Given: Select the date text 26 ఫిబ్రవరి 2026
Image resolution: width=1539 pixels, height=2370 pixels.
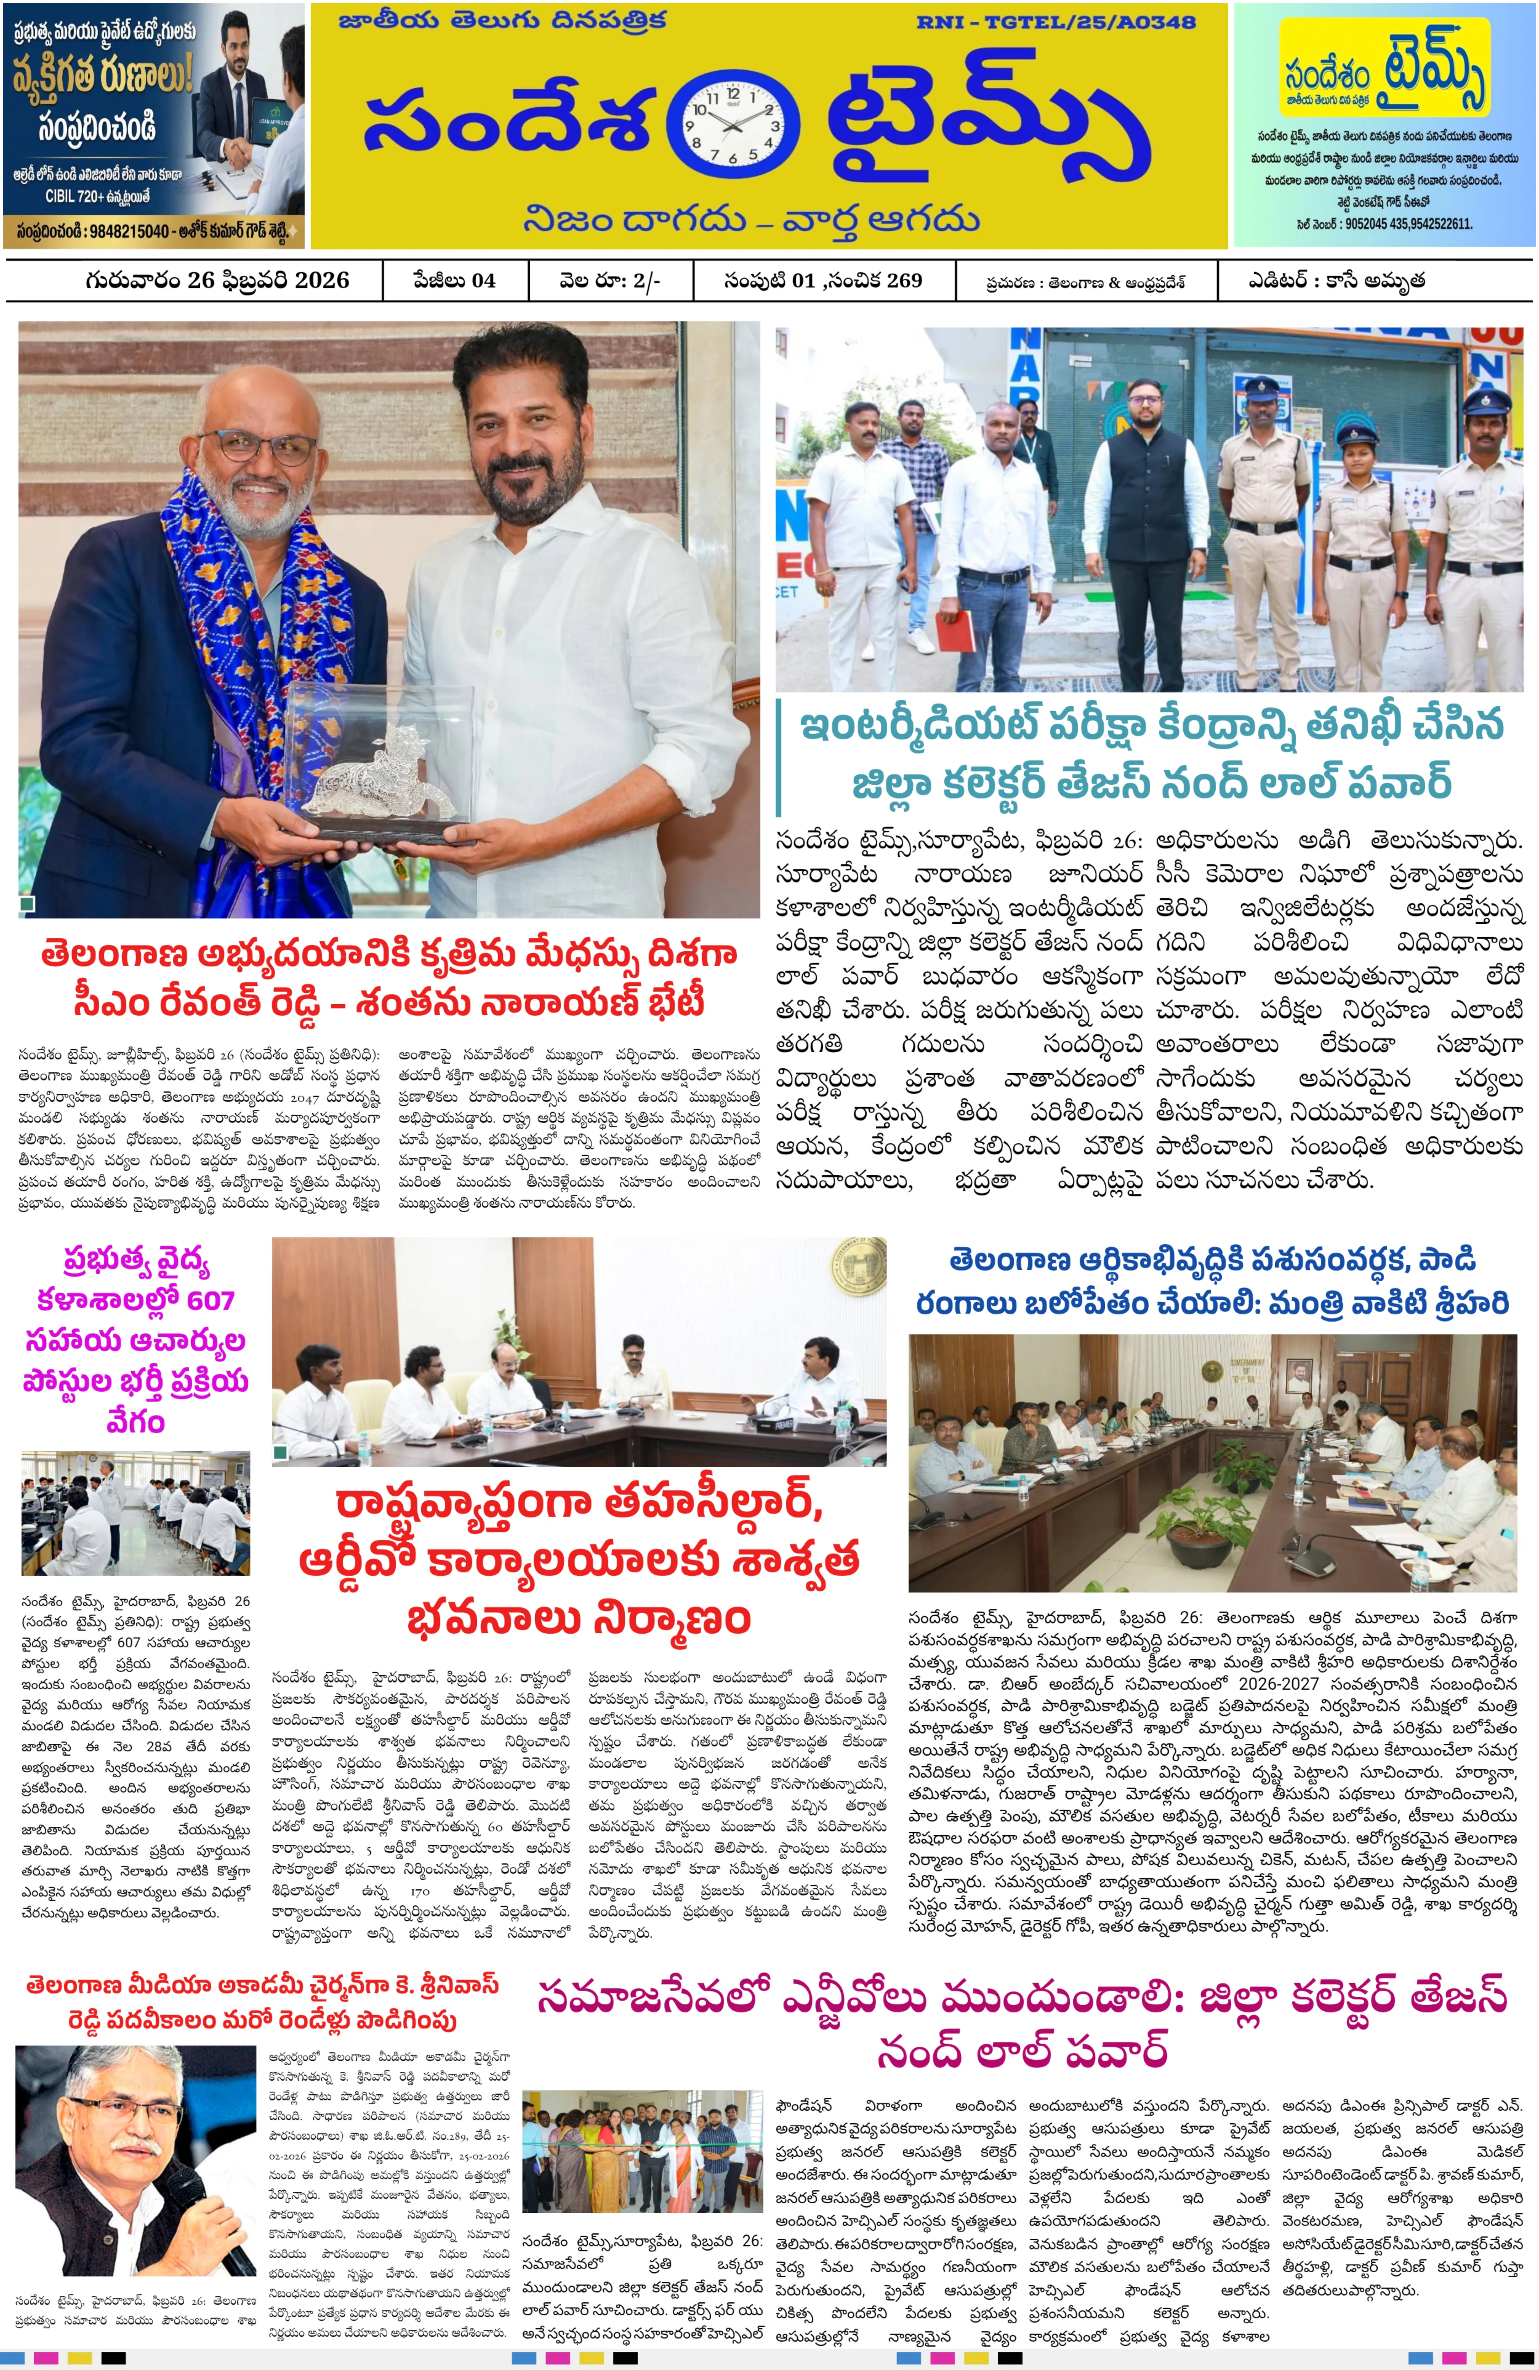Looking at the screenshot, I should pyautogui.click(x=267, y=280).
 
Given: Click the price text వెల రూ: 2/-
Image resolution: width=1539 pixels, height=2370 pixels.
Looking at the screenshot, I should pyautogui.click(x=609, y=280).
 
